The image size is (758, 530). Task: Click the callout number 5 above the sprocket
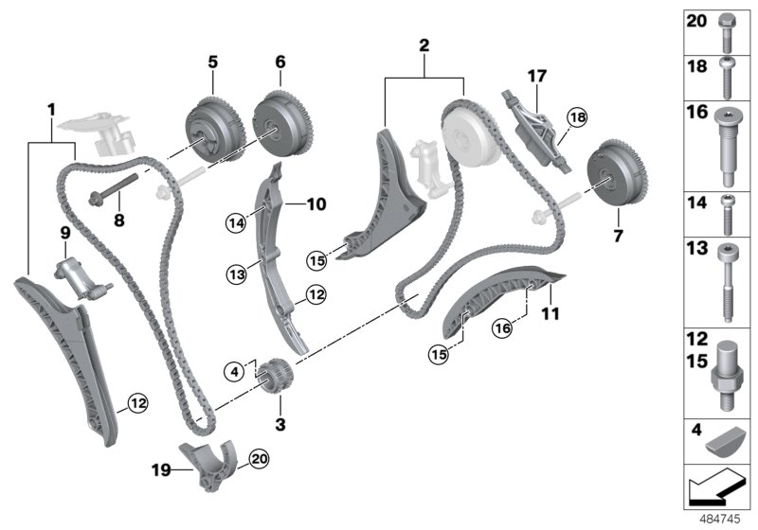pos(213,62)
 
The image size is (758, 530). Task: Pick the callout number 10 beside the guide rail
pos(316,203)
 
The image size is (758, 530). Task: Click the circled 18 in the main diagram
pos(577,117)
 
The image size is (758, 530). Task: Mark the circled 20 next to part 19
pos(258,460)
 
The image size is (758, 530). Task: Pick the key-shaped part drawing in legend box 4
pos(727,440)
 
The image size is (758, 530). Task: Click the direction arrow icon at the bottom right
pos(716,489)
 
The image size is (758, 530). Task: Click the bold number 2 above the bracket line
pos(424,44)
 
